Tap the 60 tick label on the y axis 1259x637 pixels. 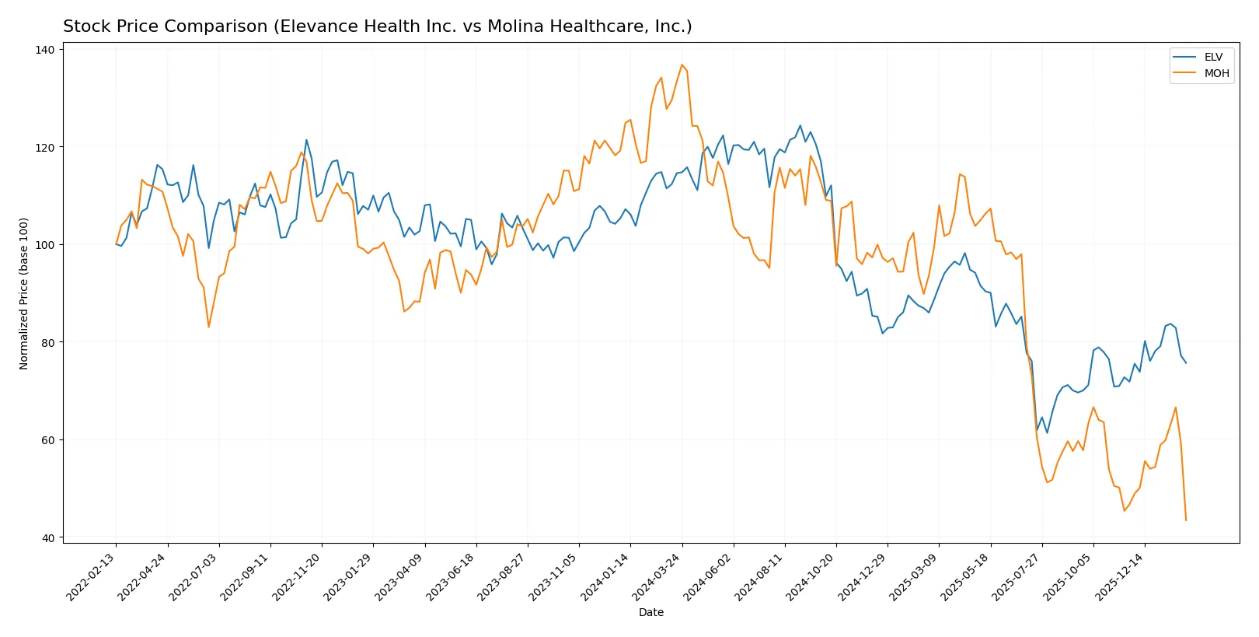(47, 440)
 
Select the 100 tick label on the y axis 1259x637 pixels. (45, 245)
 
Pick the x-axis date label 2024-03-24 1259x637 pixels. (658, 576)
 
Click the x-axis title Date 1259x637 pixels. (650, 612)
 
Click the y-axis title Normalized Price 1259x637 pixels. (24, 293)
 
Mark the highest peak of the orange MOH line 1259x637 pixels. (682, 65)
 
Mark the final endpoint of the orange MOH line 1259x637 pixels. (1186, 520)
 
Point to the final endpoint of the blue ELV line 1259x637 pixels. (1186, 362)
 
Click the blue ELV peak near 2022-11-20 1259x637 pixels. (306, 140)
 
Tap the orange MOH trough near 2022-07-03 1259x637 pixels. (208, 327)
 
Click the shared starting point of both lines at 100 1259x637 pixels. (117, 244)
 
